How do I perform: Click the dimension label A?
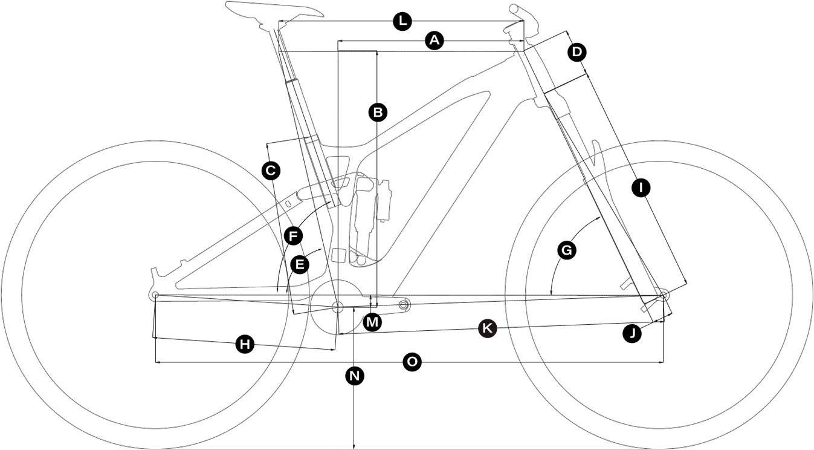pos(434,41)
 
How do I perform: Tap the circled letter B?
pos(377,112)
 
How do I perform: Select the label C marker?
pos(271,171)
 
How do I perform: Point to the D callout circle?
pos(577,53)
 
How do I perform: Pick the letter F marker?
pos(293,235)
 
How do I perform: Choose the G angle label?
pos(567,250)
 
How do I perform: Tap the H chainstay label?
pos(244,345)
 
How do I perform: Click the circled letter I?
pos(641,187)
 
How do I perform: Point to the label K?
pos(487,328)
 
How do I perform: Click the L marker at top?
pos(402,22)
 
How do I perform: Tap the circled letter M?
pos(373,322)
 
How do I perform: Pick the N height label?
pos(355,376)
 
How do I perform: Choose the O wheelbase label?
pos(412,362)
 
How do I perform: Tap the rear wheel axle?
pos(154,295)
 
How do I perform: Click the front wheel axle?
pos(663,295)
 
